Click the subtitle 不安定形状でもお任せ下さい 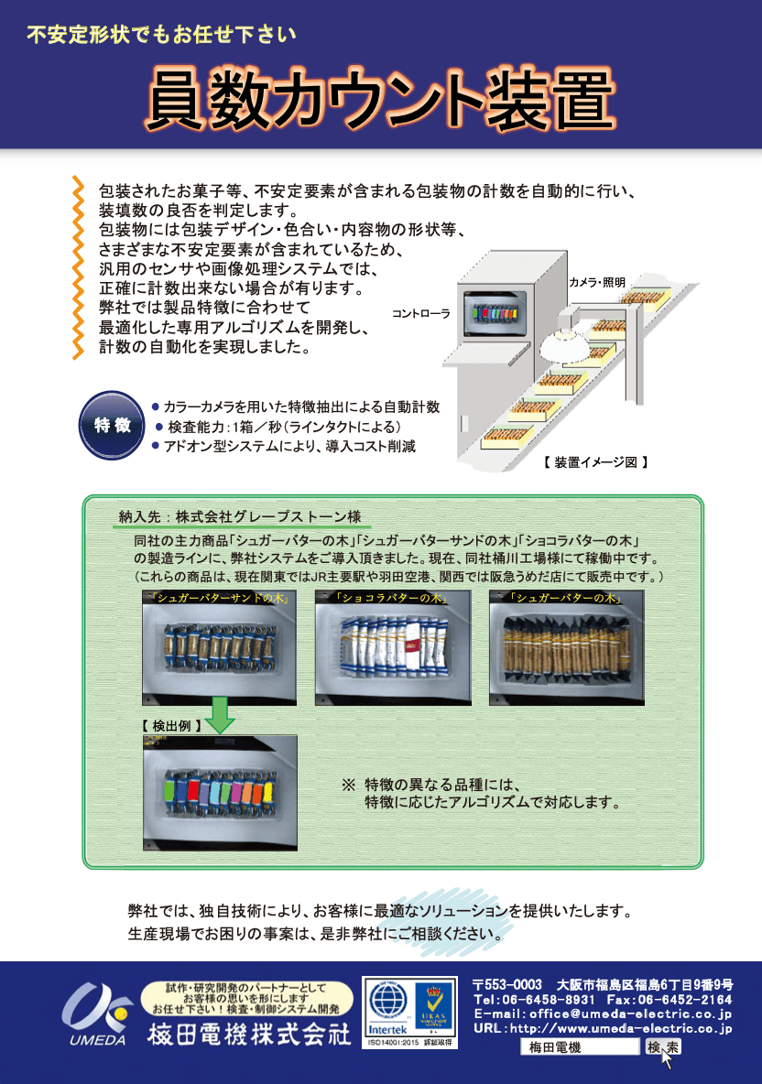click(162, 36)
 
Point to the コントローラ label click(421, 313)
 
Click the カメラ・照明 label click(597, 282)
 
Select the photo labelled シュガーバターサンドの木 click(220, 647)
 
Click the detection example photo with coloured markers click(220, 793)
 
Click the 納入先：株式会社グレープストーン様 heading click(241, 515)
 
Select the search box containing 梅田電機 click(578, 1047)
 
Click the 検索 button click(662, 1047)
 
